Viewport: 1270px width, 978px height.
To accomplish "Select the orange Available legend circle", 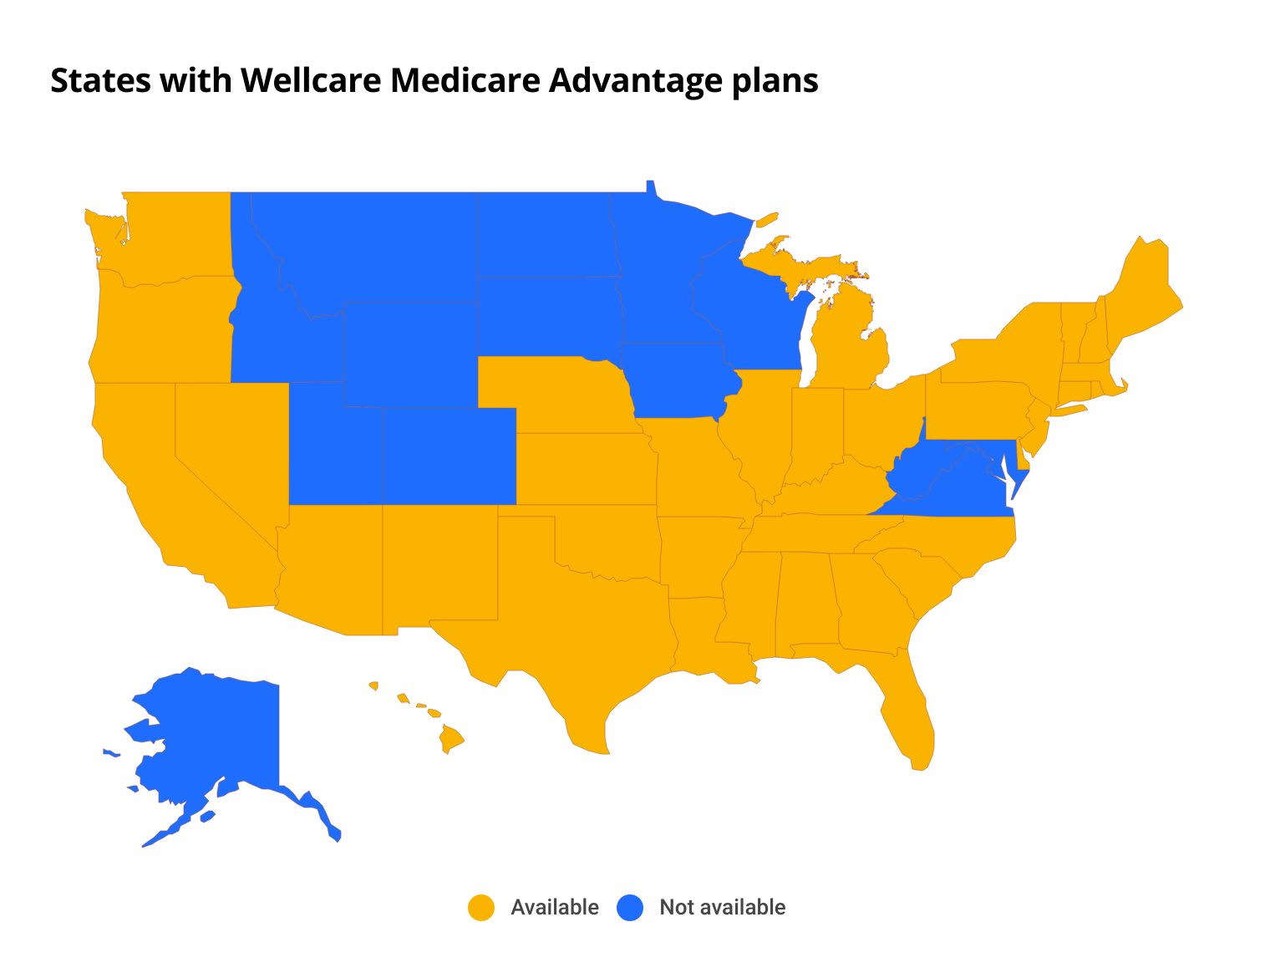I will pos(481,908).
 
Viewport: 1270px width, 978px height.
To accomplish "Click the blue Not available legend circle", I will pos(630,908).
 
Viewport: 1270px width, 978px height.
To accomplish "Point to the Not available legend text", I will pos(722,908).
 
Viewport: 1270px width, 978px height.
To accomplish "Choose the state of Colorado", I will pos(449,456).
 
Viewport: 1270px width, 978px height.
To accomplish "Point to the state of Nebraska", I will pos(560,393).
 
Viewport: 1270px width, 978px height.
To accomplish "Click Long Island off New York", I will pos(1069,410).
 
